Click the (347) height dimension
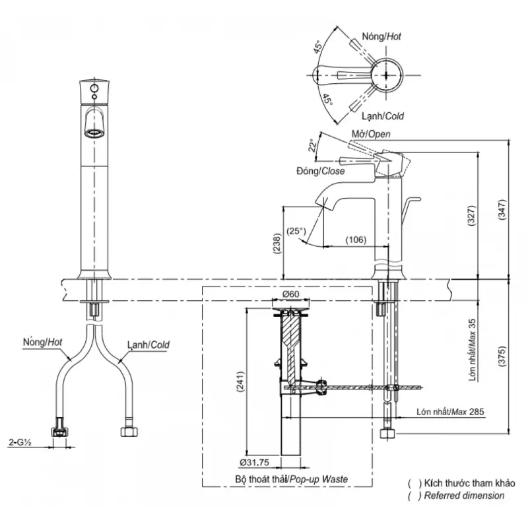[x=502, y=210]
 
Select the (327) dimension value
[x=471, y=216]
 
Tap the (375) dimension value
[x=502, y=356]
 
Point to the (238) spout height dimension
[x=277, y=243]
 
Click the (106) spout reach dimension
[x=356, y=240]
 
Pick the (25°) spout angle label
[x=296, y=232]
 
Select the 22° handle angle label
[x=313, y=145]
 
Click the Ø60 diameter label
[x=290, y=294]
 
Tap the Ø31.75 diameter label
[x=255, y=463]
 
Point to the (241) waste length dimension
[x=240, y=382]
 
